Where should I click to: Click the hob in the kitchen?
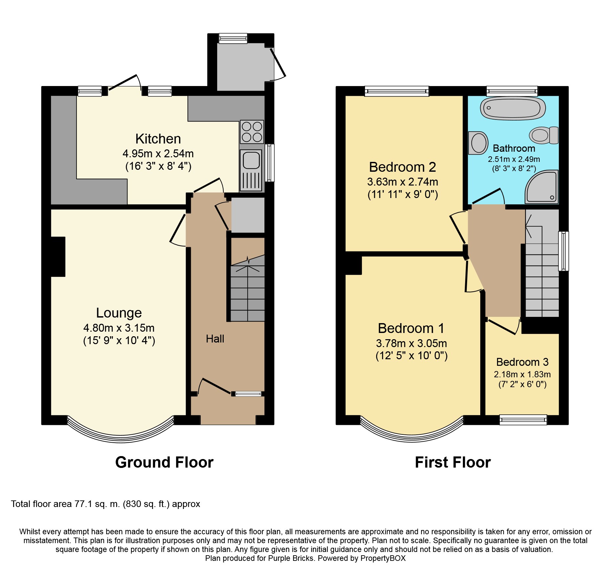(x=252, y=132)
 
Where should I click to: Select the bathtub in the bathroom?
(x=513, y=108)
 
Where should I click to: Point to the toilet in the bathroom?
(x=544, y=135)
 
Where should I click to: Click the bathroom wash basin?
(x=478, y=143)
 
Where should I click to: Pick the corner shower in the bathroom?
(x=542, y=186)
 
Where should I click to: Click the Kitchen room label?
(x=158, y=139)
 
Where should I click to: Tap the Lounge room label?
(x=119, y=313)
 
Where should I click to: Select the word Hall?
(x=215, y=339)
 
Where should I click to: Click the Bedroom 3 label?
(x=522, y=362)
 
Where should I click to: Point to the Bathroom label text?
(x=514, y=148)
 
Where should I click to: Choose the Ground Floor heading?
(x=164, y=462)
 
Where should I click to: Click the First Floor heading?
(x=453, y=462)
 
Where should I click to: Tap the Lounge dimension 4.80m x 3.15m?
(x=119, y=328)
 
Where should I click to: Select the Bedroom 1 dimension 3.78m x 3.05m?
(x=412, y=343)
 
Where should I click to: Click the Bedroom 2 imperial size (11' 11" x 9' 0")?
(x=403, y=194)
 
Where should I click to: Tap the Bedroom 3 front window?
(x=523, y=420)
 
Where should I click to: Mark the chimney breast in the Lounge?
(x=58, y=257)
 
